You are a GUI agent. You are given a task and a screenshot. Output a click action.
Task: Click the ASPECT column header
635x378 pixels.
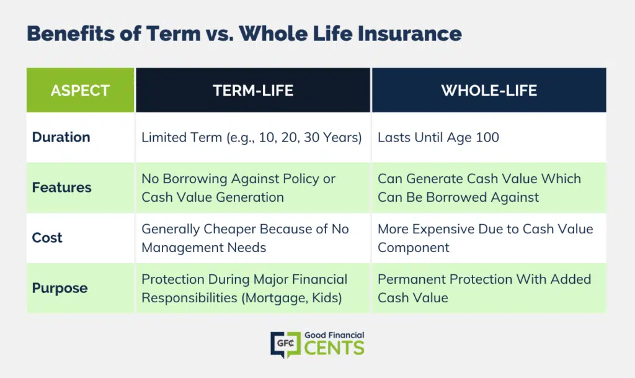(80, 90)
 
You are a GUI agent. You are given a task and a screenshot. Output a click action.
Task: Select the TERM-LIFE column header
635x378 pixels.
(253, 90)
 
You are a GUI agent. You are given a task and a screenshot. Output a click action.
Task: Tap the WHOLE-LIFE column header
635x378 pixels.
(489, 90)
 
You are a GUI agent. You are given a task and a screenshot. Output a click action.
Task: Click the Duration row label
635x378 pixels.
(61, 137)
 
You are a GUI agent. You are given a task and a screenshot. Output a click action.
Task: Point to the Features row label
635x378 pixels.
(61, 187)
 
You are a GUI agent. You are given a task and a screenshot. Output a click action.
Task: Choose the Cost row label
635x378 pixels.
(47, 238)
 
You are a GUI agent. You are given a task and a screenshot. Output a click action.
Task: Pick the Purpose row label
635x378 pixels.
(60, 288)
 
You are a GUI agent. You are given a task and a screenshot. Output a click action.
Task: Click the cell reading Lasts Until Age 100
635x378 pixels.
(438, 137)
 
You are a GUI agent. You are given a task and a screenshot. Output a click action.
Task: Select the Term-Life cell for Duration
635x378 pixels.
(252, 137)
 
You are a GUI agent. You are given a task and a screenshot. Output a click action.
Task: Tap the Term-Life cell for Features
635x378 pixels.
(239, 187)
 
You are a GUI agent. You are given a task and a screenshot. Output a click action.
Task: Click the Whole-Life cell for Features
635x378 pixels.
(479, 187)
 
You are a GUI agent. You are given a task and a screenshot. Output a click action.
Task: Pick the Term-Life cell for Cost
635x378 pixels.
(245, 238)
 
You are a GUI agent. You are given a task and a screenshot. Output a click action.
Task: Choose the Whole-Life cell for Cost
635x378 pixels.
(485, 238)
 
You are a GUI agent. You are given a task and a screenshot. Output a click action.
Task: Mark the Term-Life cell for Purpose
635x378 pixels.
(244, 288)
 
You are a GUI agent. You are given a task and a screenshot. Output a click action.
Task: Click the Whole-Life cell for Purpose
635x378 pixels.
(484, 288)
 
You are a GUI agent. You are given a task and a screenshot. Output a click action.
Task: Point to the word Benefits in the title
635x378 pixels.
(71, 34)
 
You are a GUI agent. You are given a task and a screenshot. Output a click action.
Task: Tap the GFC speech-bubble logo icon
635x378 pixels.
(285, 344)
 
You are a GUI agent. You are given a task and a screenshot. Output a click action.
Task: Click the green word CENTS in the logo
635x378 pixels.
(334, 348)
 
